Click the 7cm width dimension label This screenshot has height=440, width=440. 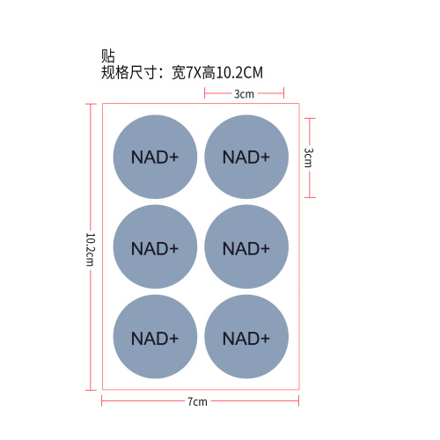pos(197,401)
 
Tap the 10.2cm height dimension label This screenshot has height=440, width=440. pos(91,250)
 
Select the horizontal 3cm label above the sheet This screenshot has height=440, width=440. pos(244,94)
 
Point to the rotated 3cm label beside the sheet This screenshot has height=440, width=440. pos(309,158)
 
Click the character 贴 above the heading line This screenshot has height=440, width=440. pos(108,55)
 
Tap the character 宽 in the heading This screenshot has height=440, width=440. pos(179,72)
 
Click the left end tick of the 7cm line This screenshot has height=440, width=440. pos(102,400)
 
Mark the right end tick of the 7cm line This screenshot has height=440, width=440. pos(298,400)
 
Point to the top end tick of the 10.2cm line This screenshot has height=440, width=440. pos(91,104)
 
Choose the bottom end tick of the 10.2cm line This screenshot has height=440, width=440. pos(91,390)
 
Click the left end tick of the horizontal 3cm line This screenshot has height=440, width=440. pos(205,93)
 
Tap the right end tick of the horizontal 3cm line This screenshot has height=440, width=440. pos(283,93)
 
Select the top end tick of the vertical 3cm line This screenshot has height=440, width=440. pos(310,119)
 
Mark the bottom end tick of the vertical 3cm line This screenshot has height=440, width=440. pos(310,197)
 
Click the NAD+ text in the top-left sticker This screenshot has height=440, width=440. pos(155,158)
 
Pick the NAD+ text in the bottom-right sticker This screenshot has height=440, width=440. pos(246,339)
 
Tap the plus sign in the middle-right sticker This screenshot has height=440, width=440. pos(264,249)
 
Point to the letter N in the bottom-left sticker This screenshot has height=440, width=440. pos(137,339)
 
